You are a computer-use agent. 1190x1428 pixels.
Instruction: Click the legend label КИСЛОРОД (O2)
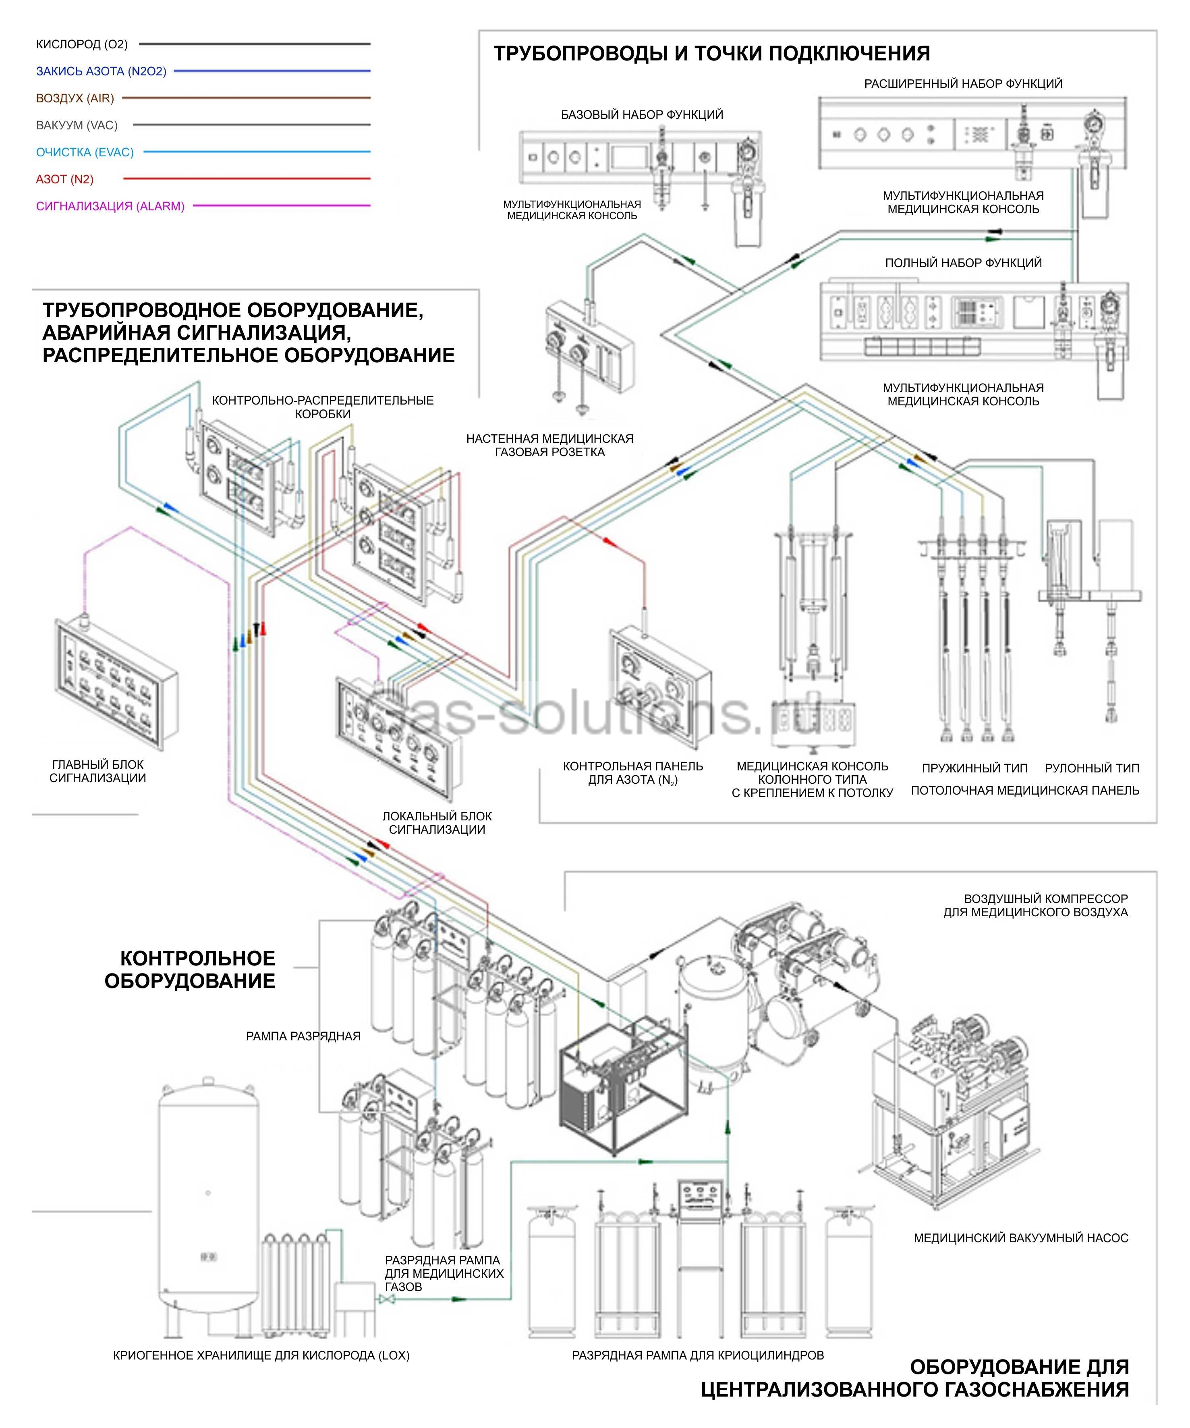click(82, 44)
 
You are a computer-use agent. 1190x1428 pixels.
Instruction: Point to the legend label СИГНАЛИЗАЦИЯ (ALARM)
click(110, 206)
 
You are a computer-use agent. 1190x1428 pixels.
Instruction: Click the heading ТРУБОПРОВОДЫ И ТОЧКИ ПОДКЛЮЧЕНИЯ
click(711, 53)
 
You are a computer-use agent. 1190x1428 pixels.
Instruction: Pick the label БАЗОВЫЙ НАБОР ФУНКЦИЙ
click(641, 115)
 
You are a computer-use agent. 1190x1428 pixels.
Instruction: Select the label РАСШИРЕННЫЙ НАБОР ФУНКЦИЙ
click(963, 84)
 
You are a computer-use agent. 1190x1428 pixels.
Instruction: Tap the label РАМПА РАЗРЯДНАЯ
click(303, 1036)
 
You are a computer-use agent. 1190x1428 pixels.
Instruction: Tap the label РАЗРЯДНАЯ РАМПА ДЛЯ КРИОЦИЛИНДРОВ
click(698, 1355)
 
